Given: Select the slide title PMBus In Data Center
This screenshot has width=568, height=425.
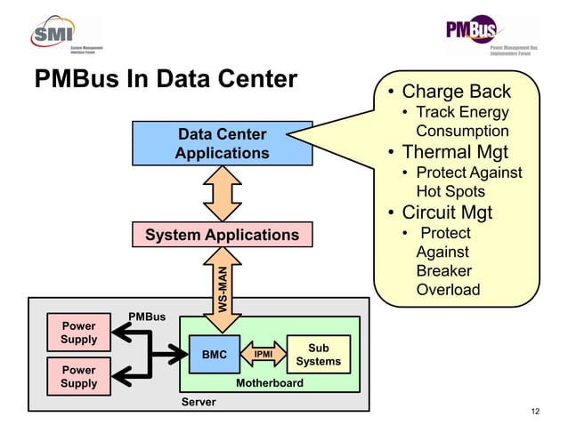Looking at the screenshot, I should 166,80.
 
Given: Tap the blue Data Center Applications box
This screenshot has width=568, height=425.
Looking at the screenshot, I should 222,144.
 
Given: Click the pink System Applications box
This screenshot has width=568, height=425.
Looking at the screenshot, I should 222,235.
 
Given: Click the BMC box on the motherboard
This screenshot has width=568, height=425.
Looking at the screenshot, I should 215,355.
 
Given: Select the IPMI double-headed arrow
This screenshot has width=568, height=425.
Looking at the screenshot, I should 263,355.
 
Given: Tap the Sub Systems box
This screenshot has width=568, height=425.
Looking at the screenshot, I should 318,355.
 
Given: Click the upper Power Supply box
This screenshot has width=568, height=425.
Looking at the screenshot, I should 79,333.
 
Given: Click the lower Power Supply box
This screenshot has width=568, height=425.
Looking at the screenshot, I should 79,376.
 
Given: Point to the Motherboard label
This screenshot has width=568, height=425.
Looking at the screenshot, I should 269,383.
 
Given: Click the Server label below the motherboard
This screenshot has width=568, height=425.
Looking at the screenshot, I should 199,403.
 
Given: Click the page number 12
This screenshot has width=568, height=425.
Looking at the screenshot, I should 534,411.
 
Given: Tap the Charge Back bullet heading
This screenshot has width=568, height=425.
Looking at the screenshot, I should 456,92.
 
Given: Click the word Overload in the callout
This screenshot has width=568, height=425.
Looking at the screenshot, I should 448,290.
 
